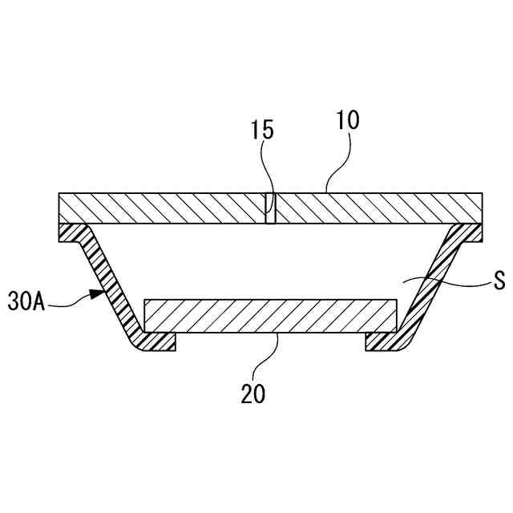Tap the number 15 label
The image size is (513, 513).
262,131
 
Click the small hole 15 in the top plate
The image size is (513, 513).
271,208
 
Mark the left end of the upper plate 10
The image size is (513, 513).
64,208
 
